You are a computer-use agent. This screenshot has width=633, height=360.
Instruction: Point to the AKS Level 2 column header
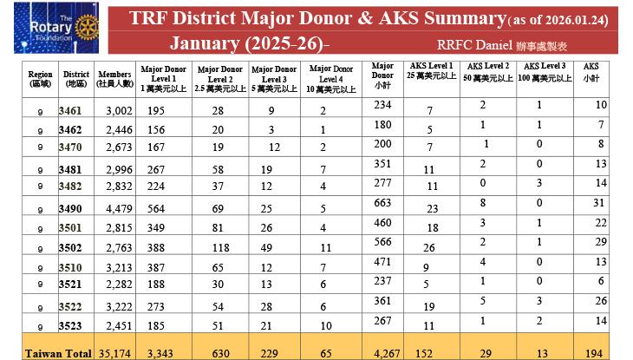[487, 72]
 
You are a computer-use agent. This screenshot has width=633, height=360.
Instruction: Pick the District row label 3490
[71, 208]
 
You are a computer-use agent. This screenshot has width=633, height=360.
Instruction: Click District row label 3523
[71, 325]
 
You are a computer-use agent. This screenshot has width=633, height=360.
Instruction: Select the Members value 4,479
[118, 208]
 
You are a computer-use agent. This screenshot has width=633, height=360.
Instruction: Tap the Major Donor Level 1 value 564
[157, 208]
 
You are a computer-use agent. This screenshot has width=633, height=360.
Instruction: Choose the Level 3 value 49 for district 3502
[267, 248]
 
